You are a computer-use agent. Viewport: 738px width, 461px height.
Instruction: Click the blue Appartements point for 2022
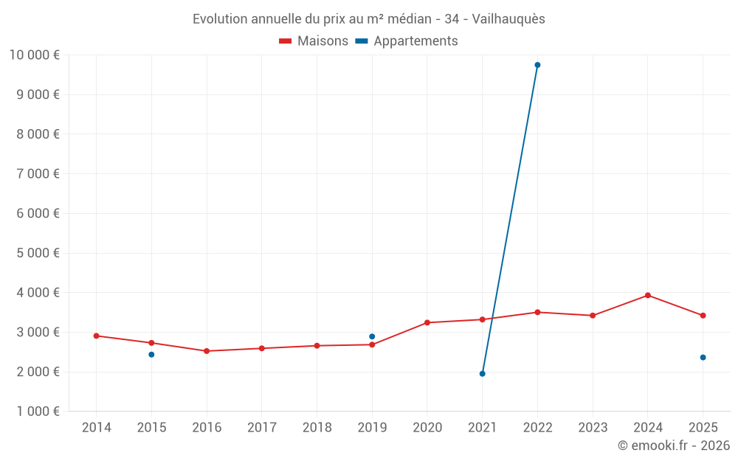pyautogui.click(x=537, y=65)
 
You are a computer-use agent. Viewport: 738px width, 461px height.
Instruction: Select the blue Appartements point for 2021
pyautogui.click(x=482, y=374)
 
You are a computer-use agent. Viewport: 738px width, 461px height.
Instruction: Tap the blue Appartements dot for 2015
pyautogui.click(x=151, y=355)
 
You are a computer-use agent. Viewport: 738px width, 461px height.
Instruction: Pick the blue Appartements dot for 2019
pyautogui.click(x=372, y=336)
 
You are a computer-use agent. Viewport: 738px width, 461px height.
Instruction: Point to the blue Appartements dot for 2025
pyautogui.click(x=703, y=358)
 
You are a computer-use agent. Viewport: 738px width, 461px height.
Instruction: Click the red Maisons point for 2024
pyautogui.click(x=647, y=295)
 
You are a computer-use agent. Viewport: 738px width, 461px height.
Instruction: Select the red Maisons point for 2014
pyautogui.click(x=96, y=336)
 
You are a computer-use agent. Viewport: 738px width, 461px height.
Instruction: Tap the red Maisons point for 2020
pyautogui.click(x=427, y=322)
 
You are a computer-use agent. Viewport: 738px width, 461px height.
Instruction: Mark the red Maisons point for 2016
pyautogui.click(x=207, y=351)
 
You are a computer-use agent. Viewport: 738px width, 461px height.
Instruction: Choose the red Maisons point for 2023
pyautogui.click(x=593, y=316)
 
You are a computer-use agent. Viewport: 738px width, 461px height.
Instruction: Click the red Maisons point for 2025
pyautogui.click(x=703, y=316)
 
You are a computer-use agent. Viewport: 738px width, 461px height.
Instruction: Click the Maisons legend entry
pyautogui.click(x=314, y=41)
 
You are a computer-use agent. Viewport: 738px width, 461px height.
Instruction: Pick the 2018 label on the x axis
pyautogui.click(x=317, y=428)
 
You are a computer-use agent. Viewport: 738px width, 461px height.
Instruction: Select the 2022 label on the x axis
pyautogui.click(x=537, y=428)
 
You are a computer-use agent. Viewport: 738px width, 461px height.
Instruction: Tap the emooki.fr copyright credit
pyautogui.click(x=674, y=446)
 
